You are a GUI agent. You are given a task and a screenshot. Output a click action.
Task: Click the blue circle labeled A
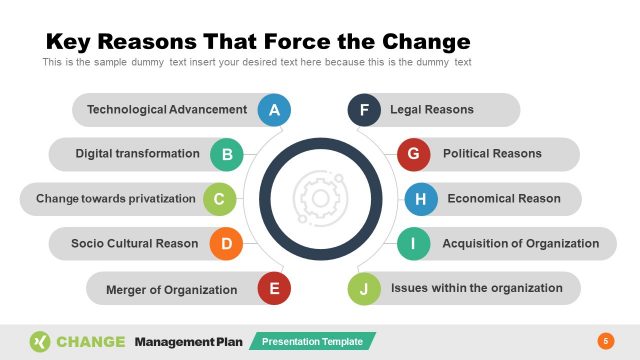point(274,110)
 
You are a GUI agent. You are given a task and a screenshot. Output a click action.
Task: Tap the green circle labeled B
point(227,154)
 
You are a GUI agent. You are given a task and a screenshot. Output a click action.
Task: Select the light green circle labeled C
point(219,199)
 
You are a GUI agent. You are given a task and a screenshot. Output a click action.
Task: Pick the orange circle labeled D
point(227,243)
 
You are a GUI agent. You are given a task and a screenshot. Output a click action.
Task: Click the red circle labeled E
point(274,290)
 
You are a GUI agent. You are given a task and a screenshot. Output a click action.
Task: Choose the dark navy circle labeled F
point(364,110)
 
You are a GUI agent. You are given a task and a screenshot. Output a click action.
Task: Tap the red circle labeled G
point(413,154)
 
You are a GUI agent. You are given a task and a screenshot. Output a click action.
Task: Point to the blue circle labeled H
point(420,199)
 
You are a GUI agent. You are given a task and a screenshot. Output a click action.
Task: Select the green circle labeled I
point(413,243)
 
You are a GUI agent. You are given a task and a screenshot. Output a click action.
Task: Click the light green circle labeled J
point(364,290)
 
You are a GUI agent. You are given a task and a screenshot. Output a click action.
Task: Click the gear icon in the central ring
point(320,198)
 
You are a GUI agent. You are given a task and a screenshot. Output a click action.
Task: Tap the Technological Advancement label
point(167,110)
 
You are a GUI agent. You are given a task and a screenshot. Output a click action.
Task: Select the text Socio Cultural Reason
point(135,243)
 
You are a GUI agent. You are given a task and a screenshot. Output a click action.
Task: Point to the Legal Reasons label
point(432,110)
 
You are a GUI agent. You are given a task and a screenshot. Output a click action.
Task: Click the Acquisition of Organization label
point(521,243)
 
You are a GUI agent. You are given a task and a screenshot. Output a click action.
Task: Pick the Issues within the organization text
point(477,288)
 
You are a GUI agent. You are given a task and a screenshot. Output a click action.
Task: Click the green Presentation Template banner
point(313,341)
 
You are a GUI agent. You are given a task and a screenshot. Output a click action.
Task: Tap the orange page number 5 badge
point(604,341)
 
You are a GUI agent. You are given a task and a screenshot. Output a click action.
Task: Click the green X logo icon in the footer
point(40,341)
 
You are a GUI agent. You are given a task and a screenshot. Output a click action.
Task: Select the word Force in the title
point(301,42)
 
